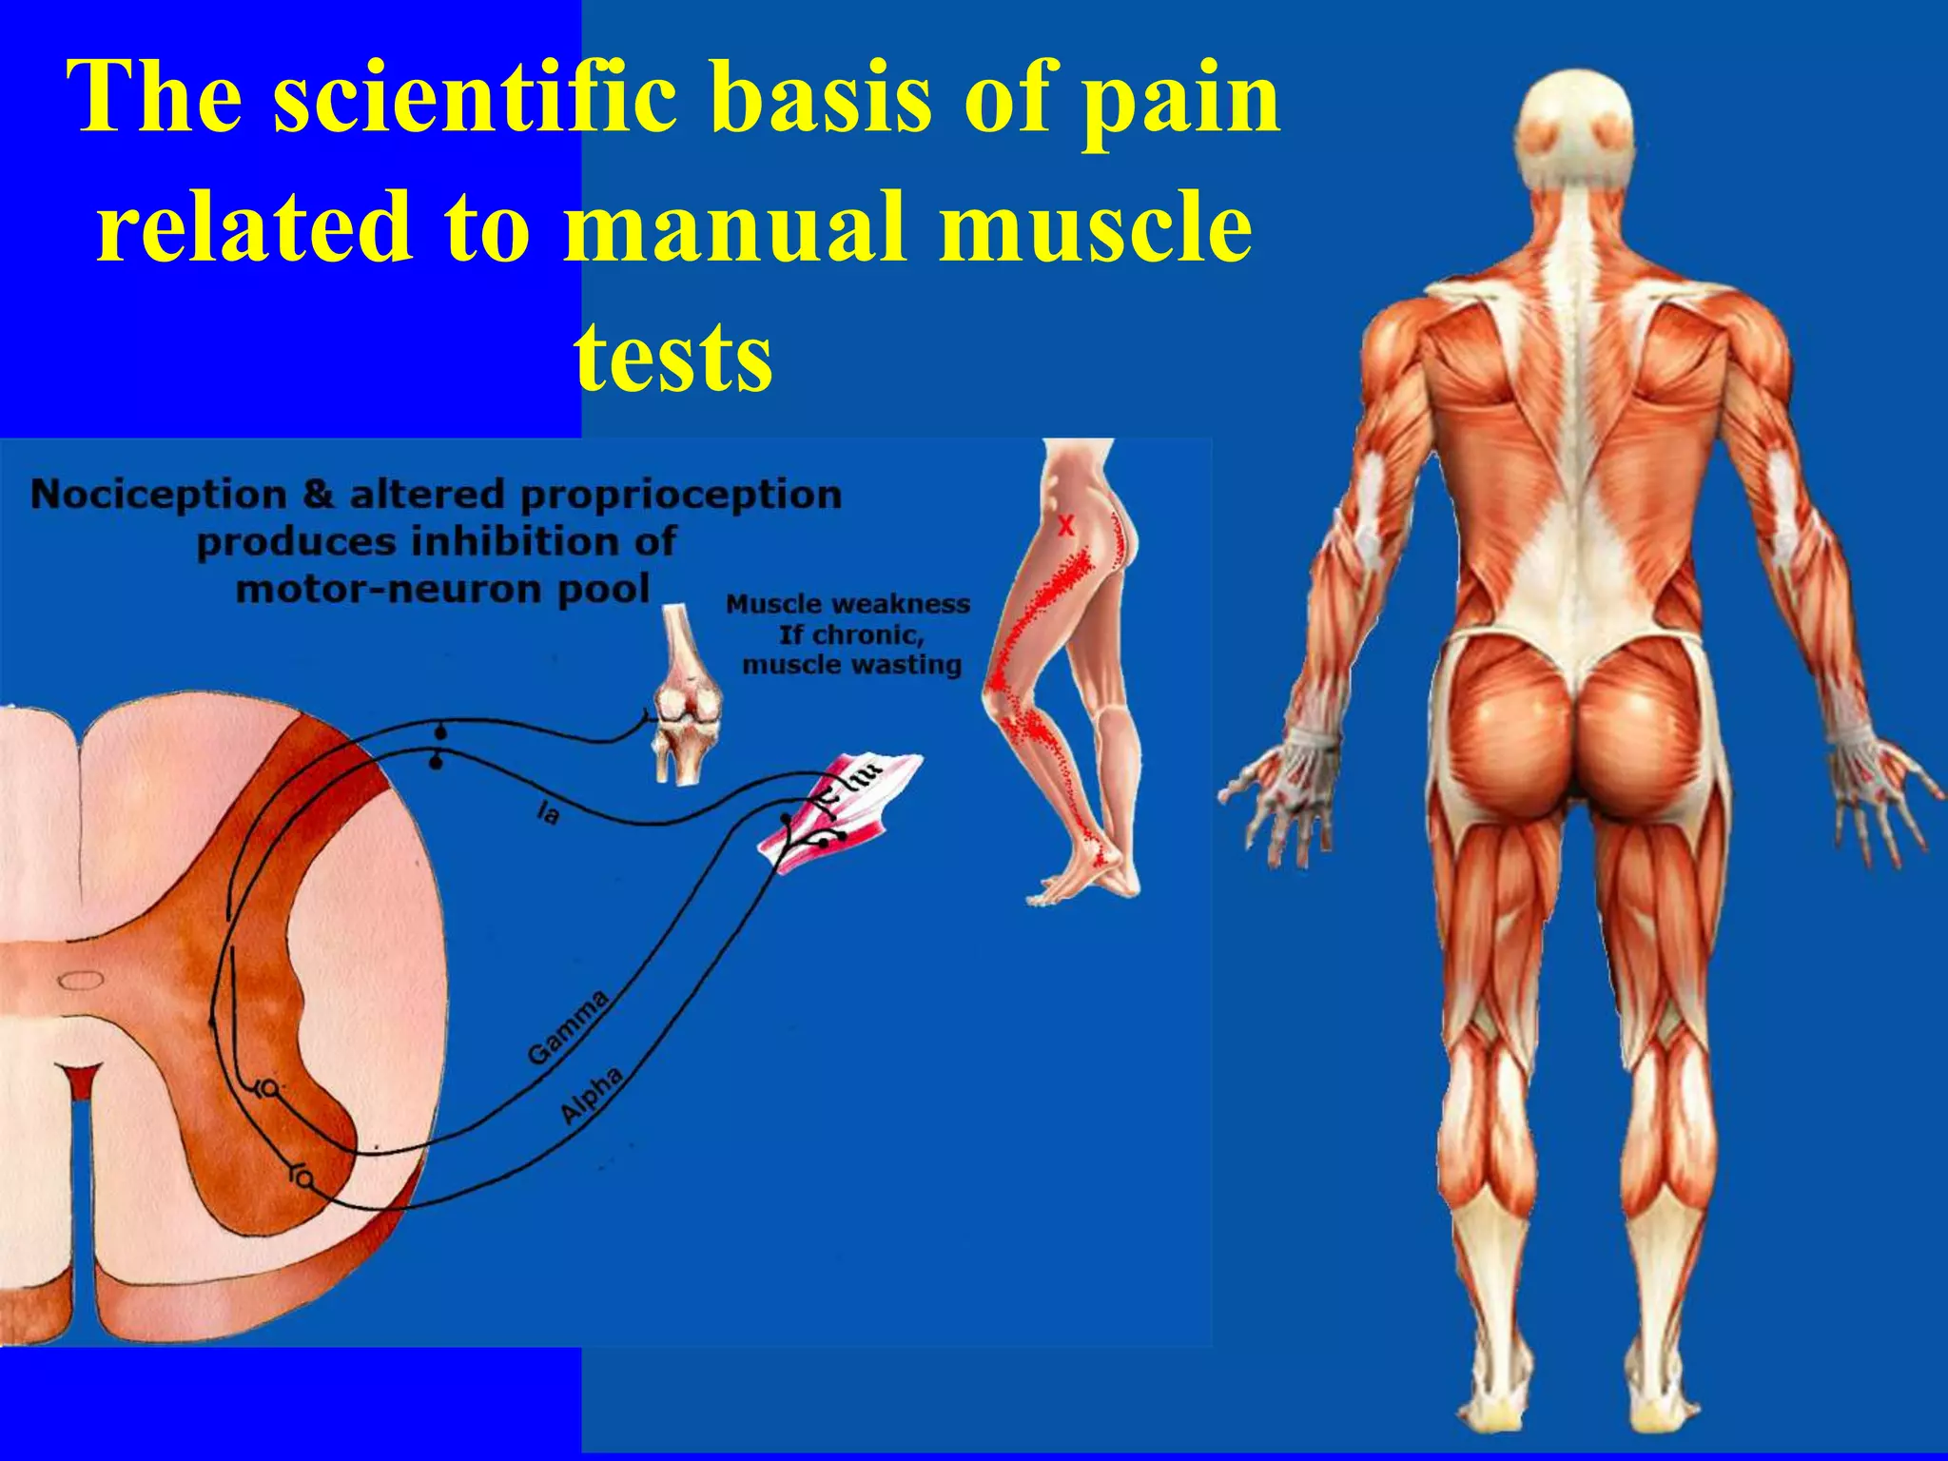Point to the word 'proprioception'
[681, 495]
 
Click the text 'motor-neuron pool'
[442, 590]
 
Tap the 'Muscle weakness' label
[847, 605]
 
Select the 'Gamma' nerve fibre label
[569, 1027]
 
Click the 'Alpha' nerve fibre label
[592, 1095]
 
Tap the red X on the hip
[1066, 524]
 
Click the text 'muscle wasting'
[851, 664]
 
